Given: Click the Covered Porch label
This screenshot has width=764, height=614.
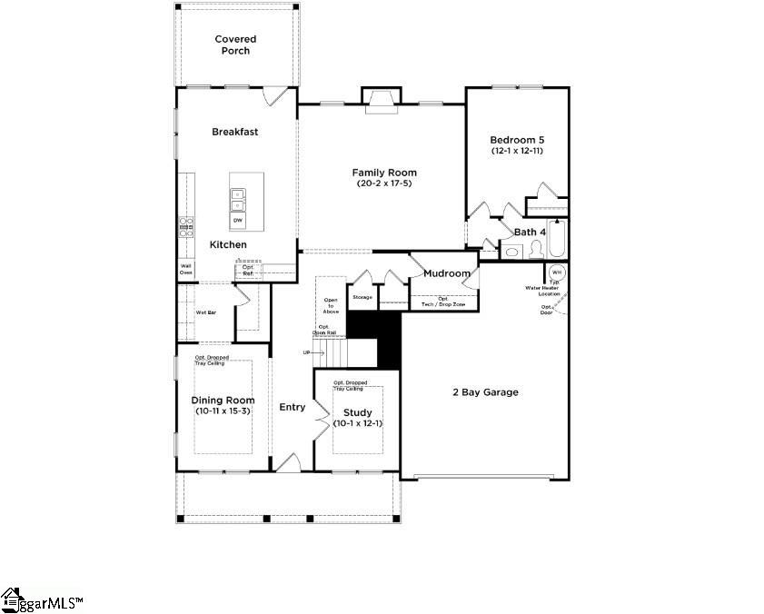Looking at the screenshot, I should [235, 45].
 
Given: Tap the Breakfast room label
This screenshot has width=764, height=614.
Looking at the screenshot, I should [235, 132].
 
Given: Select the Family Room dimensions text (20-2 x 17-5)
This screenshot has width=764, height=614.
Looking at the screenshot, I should [384, 184].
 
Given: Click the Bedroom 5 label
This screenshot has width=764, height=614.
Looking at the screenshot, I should [517, 139].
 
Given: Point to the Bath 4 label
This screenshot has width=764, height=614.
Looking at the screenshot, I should [530, 233].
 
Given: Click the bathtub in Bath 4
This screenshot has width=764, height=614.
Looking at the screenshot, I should [556, 239].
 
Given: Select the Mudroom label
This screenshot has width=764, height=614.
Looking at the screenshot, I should [447, 273].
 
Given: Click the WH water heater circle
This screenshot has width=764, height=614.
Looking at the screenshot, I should [555, 272].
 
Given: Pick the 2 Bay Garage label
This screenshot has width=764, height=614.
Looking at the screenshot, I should [485, 392].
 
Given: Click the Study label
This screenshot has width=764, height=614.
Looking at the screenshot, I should [357, 412].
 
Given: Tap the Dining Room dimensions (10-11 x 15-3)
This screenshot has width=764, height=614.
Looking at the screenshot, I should [223, 411].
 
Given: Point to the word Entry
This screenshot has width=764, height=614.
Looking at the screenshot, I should [293, 407].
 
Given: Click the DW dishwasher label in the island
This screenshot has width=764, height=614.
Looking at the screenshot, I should [237, 221].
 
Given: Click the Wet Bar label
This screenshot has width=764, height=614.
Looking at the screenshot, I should [206, 312].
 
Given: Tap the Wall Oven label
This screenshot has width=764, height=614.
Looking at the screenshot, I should [185, 269].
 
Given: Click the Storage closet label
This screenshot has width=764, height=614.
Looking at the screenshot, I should [362, 297].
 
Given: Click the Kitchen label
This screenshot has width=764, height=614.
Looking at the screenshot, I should [228, 245].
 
